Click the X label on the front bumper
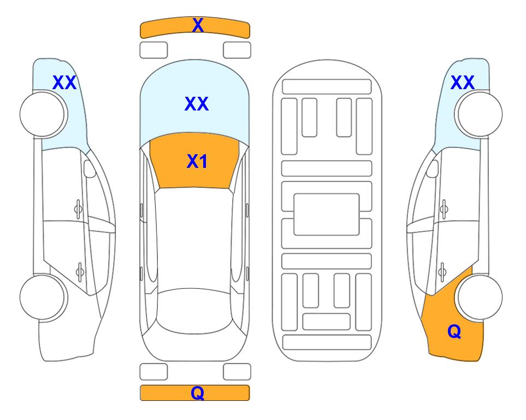198,25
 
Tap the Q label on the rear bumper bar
198,393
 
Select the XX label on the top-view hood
197,103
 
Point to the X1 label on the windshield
197,161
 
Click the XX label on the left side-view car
64,83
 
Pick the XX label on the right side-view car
462,83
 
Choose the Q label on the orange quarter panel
454,331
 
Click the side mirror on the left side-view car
90,168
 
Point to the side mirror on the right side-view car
433,168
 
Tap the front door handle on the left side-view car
78,209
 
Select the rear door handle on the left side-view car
80,271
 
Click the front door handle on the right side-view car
444,209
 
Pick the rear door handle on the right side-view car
442,271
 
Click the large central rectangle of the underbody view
327,214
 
